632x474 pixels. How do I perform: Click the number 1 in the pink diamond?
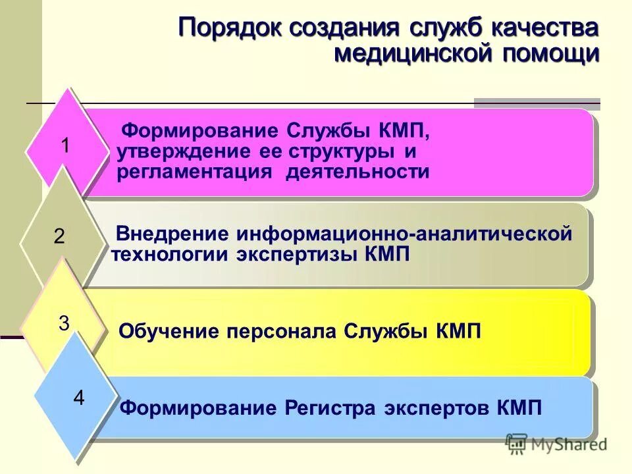[66, 145]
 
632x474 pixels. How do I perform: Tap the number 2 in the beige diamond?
[59, 236]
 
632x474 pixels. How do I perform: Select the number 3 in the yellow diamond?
[64, 323]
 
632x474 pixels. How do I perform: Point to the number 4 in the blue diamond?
[79, 398]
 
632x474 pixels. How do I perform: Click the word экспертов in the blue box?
[434, 408]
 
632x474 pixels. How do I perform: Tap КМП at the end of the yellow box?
[458, 330]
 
